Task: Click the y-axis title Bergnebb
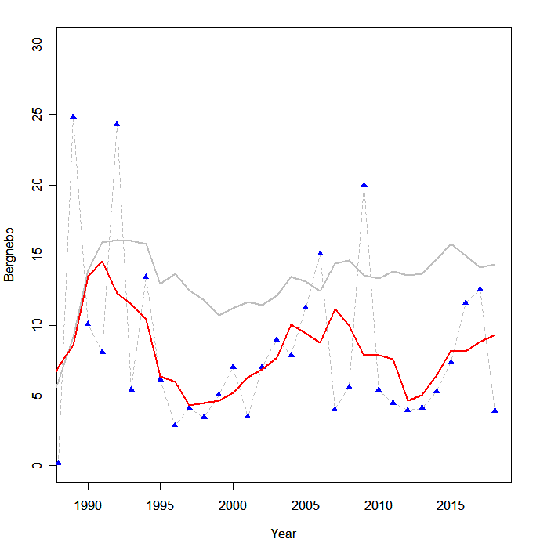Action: click(10, 255)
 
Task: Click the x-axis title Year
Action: click(284, 534)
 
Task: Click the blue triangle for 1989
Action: click(73, 117)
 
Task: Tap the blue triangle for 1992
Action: click(117, 124)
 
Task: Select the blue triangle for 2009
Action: click(364, 185)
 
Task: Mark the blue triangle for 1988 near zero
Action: click(59, 463)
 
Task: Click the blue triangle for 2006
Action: click(321, 254)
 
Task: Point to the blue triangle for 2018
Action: click(495, 411)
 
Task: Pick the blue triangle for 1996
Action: click(175, 425)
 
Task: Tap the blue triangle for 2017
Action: click(480, 289)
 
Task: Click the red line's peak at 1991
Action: click(102, 262)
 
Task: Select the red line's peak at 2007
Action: click(335, 309)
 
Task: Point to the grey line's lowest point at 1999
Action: click(219, 315)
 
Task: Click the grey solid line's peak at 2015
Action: click(451, 244)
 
